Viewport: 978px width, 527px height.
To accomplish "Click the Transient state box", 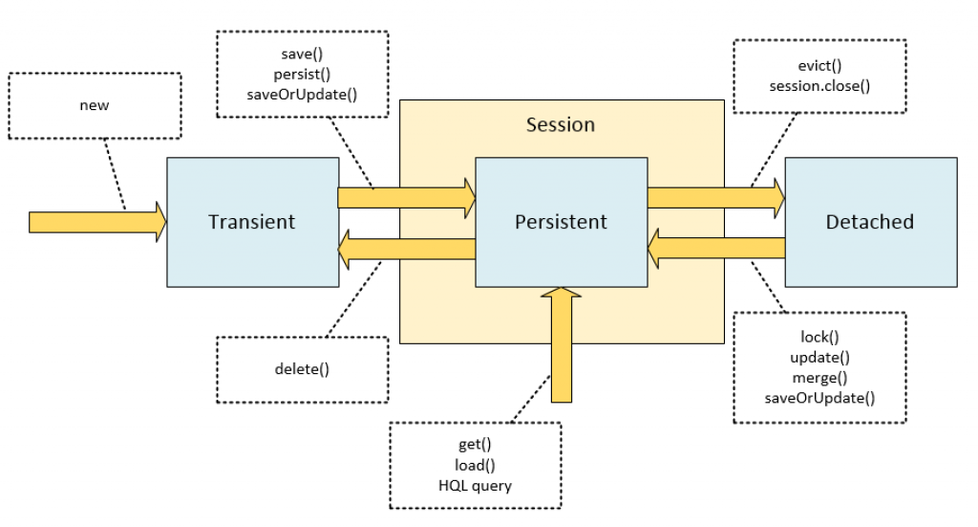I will (252, 222).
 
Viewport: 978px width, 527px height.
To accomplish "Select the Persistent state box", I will (561, 222).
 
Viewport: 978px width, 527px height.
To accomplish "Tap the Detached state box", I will (869, 222).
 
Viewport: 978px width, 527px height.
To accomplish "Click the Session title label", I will (561, 125).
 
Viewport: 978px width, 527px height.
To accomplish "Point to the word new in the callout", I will (94, 104).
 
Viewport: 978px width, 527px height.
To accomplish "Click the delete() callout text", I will (302, 368).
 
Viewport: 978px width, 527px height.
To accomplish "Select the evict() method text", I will (819, 68).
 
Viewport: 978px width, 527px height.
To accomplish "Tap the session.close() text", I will (819, 86).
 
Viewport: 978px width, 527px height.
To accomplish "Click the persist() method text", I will (302, 74).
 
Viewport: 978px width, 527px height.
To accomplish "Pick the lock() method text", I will (819, 338).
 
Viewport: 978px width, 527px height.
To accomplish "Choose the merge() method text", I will (819, 377).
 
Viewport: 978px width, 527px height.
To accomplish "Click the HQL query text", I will (476, 485).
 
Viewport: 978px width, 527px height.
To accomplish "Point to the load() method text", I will (476, 466).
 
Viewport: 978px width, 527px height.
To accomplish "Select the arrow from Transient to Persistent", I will (406, 197).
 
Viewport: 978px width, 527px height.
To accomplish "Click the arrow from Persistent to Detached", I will (715, 197).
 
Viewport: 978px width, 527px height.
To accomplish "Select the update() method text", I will (819, 358).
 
